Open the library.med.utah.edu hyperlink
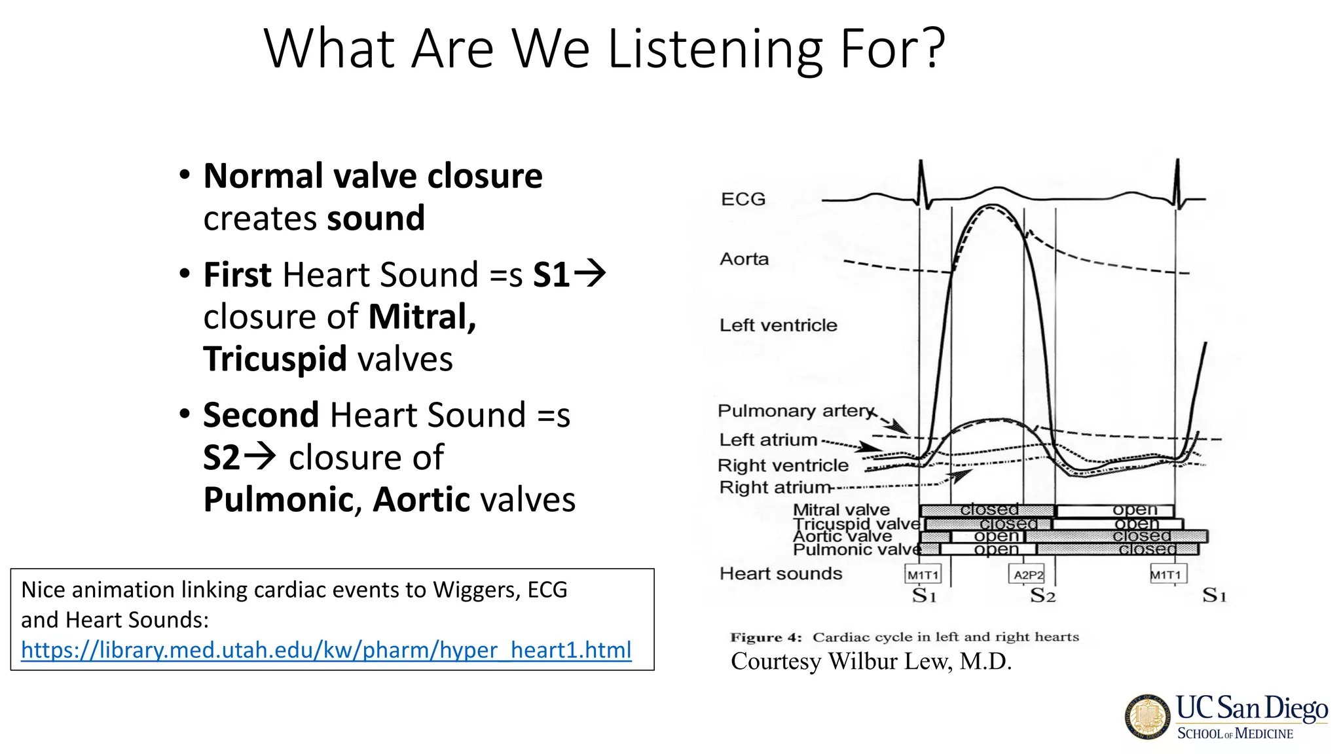(x=326, y=650)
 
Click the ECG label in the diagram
(x=743, y=199)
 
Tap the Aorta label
(x=744, y=259)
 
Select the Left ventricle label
(x=778, y=325)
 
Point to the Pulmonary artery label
(x=796, y=411)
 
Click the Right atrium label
(x=775, y=488)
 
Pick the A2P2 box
(x=1028, y=575)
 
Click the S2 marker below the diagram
(x=1042, y=596)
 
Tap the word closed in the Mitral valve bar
(x=989, y=509)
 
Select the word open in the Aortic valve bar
(x=996, y=536)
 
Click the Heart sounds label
(x=781, y=574)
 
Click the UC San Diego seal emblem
(x=1148, y=717)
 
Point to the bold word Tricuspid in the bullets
(x=275, y=359)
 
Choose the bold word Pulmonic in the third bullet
(x=278, y=500)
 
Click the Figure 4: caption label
(x=765, y=637)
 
